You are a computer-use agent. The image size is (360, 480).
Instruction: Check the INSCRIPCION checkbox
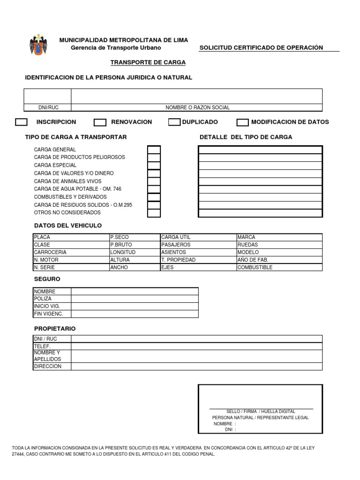pos(21,122)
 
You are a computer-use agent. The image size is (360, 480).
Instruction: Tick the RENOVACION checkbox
pos(100,123)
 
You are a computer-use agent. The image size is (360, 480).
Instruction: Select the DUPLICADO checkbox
pos(174,122)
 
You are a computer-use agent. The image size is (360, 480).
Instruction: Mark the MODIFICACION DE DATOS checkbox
pos(242,123)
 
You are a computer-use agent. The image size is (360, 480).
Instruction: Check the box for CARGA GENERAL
pos(154,150)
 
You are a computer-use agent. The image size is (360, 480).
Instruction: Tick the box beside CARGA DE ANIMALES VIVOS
pos(154,181)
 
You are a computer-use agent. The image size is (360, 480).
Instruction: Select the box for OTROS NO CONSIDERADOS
pos(154,213)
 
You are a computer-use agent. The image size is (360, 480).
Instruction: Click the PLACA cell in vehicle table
pos(70,237)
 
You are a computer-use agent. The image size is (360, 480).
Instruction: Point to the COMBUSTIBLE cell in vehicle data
pos(279,267)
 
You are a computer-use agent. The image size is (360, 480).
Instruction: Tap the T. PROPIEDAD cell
pos(198,260)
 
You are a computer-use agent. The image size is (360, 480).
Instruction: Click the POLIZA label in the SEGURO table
pos(52,299)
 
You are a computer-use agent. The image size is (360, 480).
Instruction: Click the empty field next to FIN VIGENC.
pos(135,314)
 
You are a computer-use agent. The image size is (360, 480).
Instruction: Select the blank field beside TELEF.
pos(196,346)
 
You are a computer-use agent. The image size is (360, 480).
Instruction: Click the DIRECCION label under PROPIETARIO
pos(52,366)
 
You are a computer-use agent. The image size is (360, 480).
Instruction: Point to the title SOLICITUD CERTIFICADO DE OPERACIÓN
pos(261,48)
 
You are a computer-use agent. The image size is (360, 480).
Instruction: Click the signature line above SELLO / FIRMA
pos(261,409)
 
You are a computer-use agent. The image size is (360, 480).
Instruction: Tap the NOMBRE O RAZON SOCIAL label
pos(197,107)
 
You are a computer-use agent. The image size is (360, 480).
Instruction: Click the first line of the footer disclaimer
pos(163,448)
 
